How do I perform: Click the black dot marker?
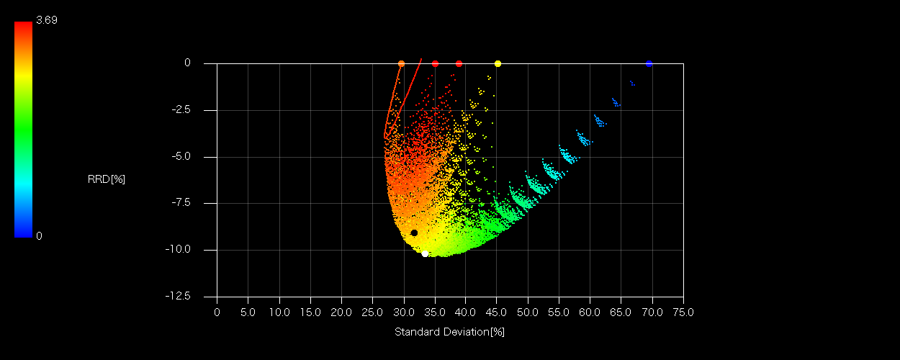[x=414, y=233]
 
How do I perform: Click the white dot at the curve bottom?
[x=425, y=253]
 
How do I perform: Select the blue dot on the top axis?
[x=649, y=63]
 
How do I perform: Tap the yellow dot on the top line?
[x=498, y=63]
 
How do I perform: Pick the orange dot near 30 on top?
[x=401, y=63]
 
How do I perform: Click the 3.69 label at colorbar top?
[x=46, y=20]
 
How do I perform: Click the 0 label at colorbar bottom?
[x=39, y=235]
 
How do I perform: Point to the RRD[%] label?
[x=106, y=179]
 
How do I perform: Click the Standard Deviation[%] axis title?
[x=449, y=332]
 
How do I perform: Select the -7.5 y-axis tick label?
[x=180, y=203]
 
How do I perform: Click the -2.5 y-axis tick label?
[x=180, y=110]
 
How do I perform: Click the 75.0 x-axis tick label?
[x=683, y=312]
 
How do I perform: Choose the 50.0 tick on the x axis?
[x=528, y=312]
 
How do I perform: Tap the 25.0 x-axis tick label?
[x=372, y=312]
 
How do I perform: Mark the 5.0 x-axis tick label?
[x=248, y=312]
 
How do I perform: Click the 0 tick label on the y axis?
[x=187, y=63]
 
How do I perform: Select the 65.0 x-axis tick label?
[x=621, y=312]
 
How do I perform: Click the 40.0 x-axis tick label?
[x=466, y=312]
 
